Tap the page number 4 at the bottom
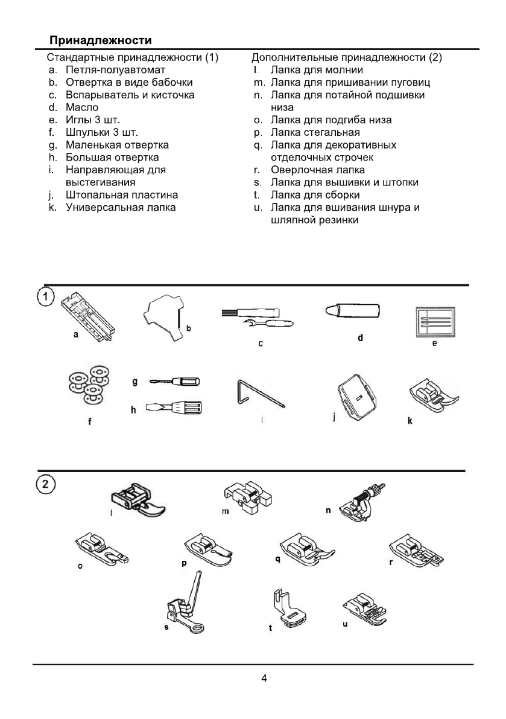coord(264,678)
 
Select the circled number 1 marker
coord(46,298)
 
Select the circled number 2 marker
coord(46,484)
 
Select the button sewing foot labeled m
coord(246,497)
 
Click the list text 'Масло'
coord(82,107)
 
